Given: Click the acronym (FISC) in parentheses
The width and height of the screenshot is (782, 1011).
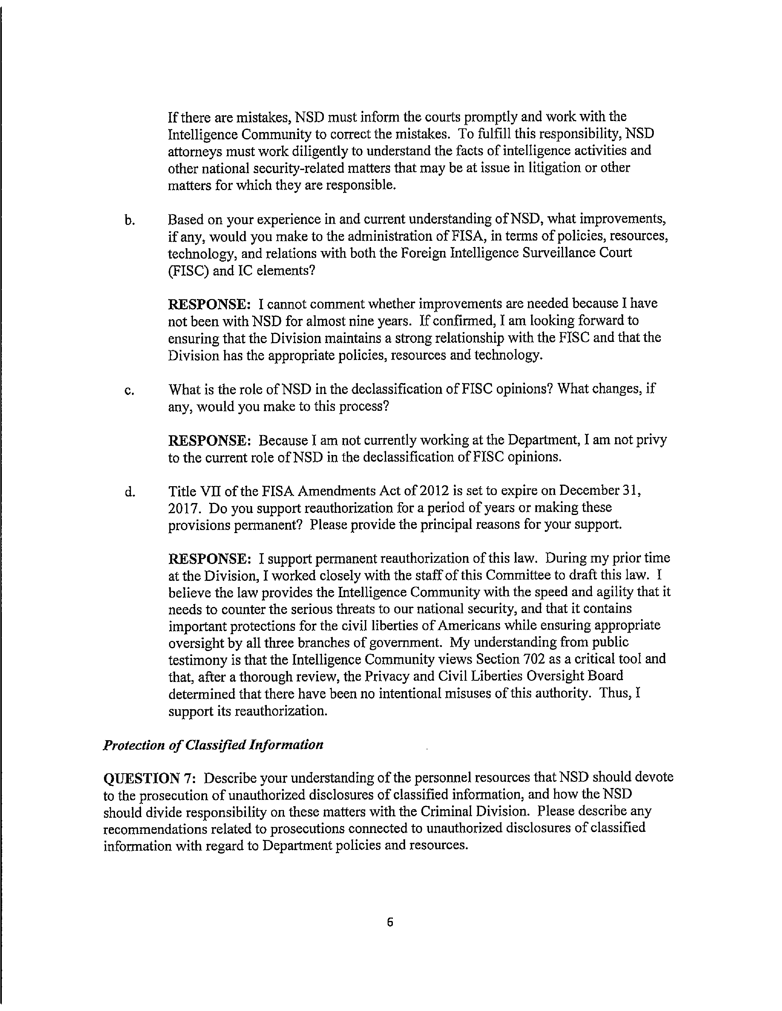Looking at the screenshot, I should [189, 270].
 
